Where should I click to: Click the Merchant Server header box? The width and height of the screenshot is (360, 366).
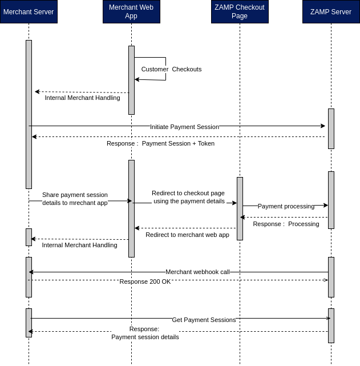click(29, 12)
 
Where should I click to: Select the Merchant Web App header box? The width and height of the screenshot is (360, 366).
click(131, 12)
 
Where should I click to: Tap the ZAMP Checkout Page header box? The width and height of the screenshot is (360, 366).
click(240, 12)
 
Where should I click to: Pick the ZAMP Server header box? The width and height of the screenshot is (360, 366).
click(331, 12)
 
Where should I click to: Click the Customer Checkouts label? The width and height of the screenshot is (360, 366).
click(171, 69)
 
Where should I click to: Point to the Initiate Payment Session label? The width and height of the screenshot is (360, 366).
click(184, 126)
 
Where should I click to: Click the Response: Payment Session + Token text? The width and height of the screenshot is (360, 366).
click(160, 143)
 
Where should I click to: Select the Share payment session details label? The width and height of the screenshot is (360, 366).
click(75, 199)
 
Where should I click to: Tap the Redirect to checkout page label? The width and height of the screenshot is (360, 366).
click(188, 197)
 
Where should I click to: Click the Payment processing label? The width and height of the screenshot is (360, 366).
click(286, 206)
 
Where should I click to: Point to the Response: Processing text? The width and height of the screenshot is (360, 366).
click(286, 224)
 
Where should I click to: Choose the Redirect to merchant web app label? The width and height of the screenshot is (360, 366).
click(187, 235)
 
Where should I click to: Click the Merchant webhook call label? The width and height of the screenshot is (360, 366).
click(197, 272)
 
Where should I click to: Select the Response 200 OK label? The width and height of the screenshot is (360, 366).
click(145, 281)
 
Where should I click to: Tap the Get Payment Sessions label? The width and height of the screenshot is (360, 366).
click(204, 320)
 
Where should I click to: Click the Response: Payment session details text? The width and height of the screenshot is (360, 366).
click(145, 333)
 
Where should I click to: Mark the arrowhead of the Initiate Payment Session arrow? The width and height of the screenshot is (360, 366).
click(323, 126)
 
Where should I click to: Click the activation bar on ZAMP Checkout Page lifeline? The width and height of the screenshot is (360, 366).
click(240, 208)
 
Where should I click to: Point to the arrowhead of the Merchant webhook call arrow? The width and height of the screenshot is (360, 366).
click(31, 272)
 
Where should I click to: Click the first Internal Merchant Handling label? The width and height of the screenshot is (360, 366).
click(82, 98)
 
